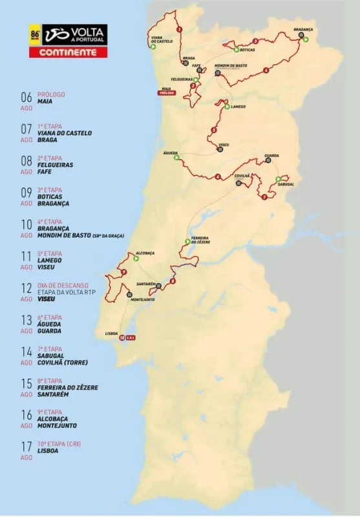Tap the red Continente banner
(68, 52)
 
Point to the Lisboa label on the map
(111, 334)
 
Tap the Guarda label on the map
(271, 156)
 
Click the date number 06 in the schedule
(26, 98)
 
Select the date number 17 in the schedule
(26, 447)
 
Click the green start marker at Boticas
(234, 49)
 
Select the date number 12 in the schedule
(26, 288)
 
